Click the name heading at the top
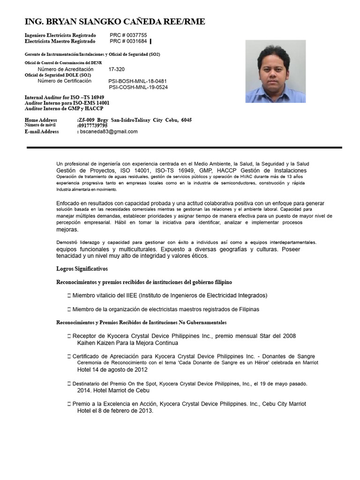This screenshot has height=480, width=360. click(x=114, y=22)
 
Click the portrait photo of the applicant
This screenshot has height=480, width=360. click(x=275, y=71)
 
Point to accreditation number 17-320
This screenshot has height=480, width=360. click(x=117, y=69)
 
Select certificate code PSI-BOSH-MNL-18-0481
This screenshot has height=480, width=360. click(x=137, y=81)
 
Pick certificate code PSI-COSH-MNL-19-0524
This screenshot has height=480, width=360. click(x=138, y=87)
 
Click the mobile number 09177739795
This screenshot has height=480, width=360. click(x=93, y=126)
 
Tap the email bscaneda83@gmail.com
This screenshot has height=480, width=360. click(x=108, y=132)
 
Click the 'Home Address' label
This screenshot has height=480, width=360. click(x=41, y=120)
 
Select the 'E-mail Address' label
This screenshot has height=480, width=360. click(x=42, y=132)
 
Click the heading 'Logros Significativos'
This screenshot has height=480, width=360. click(x=82, y=269)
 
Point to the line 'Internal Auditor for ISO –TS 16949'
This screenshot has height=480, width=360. click(x=64, y=97)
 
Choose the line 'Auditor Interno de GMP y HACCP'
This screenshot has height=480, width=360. click(x=64, y=108)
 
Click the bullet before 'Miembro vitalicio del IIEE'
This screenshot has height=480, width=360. click(x=69, y=296)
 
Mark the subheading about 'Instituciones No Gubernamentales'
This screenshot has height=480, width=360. click(x=142, y=322)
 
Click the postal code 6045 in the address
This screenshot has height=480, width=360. click(x=186, y=120)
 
